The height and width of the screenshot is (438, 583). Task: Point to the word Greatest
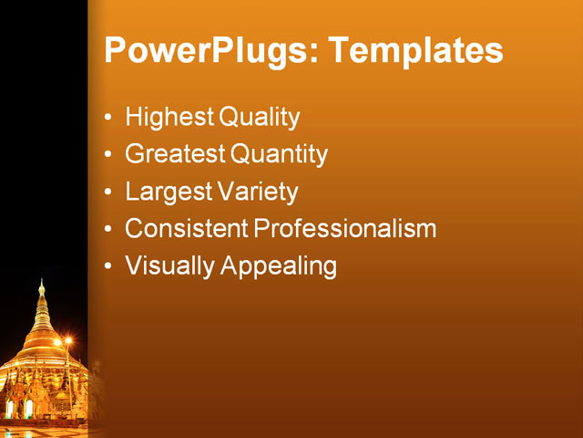click(x=174, y=155)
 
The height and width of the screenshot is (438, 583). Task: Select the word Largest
click(x=168, y=193)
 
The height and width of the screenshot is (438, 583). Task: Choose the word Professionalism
click(x=344, y=229)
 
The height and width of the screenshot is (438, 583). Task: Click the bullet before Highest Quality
click(x=109, y=119)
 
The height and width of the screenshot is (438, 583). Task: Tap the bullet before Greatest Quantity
click(x=109, y=156)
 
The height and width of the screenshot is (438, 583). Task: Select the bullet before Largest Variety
click(x=109, y=193)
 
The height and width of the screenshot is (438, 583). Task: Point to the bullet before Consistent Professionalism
click(x=109, y=230)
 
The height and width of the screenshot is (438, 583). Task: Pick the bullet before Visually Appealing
click(x=109, y=267)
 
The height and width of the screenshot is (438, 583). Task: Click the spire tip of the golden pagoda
click(x=41, y=283)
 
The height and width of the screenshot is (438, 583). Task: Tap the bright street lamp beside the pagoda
click(x=66, y=341)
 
